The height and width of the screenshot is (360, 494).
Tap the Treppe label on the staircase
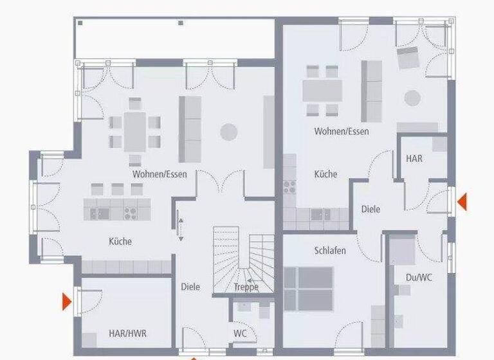pyautogui.click(x=246, y=287)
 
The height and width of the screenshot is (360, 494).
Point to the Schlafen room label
pyautogui.click(x=330, y=250)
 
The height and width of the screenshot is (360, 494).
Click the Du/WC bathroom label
pyautogui.click(x=418, y=278)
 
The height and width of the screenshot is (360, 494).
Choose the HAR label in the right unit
pyautogui.click(x=414, y=157)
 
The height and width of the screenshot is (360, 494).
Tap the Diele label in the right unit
pyautogui.click(x=370, y=209)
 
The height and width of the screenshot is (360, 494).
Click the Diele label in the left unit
pyautogui.click(x=190, y=288)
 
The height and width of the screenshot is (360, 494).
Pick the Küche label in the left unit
pyautogui.click(x=120, y=242)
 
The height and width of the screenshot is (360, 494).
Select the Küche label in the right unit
pyautogui.click(x=325, y=174)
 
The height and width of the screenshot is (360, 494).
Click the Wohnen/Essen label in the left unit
pyautogui.click(x=160, y=174)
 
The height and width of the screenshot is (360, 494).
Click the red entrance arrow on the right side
pyautogui.click(x=461, y=203)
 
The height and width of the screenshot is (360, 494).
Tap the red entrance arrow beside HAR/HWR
pyautogui.click(x=66, y=300)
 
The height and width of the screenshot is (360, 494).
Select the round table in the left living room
pyautogui.click(x=228, y=132)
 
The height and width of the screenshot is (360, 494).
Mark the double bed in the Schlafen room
pyautogui.click(x=309, y=287)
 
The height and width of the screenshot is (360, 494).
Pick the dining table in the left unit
pyautogui.click(x=135, y=131)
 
